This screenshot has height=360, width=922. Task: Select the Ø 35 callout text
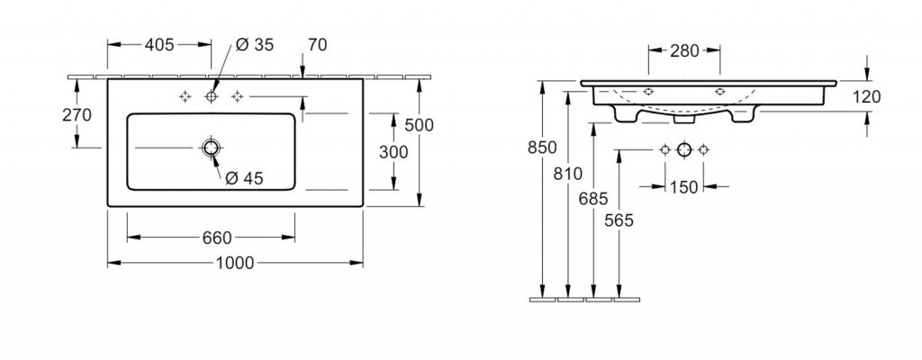click(255, 45)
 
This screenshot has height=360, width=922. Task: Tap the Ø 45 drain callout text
click(244, 178)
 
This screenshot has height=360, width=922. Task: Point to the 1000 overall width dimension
click(235, 263)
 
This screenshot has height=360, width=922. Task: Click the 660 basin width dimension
click(217, 238)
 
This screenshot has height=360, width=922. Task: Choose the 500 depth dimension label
click(419, 125)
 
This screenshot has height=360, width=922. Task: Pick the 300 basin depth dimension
click(393, 152)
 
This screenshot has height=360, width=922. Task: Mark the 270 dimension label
click(77, 115)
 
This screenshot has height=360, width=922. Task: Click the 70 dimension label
click(317, 45)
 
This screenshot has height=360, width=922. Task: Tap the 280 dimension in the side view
click(684, 51)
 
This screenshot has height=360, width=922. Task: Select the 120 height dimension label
click(866, 96)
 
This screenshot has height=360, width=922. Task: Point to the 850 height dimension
click(541, 148)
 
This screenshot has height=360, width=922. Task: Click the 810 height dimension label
click(567, 174)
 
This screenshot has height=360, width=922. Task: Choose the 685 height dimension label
click(592, 199)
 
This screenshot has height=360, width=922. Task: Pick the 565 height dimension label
click(619, 220)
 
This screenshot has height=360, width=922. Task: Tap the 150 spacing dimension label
click(684, 187)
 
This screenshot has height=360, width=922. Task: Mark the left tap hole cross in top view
click(185, 96)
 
